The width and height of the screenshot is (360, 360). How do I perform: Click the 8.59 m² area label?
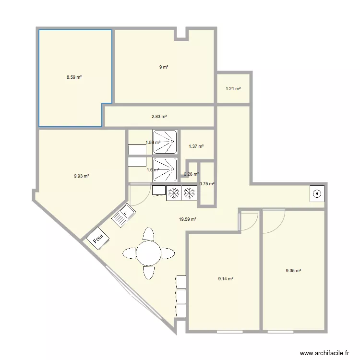point(74,77)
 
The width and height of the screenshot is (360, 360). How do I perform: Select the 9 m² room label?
point(164,67)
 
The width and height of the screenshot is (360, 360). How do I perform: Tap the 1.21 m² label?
point(233,89)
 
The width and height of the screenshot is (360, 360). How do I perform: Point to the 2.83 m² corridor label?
point(159,117)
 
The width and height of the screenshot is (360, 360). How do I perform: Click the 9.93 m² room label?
point(81,176)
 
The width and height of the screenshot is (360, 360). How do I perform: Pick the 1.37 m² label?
point(196,146)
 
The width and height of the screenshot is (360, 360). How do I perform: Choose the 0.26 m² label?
point(191,174)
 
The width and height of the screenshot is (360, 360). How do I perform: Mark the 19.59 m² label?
point(187,219)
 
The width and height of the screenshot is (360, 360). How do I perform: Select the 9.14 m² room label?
point(226,279)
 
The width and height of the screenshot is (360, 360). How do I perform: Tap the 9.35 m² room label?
point(293,271)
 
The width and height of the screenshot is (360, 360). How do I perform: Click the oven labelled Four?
point(98,238)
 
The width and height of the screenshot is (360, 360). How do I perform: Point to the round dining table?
point(148,253)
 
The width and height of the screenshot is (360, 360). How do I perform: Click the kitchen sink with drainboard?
point(123,215)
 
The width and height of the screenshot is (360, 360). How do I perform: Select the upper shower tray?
point(165,142)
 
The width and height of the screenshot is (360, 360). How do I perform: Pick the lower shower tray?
point(165,169)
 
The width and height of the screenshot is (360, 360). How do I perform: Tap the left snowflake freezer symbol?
point(174,193)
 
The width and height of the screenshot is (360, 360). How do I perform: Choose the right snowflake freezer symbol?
point(189,193)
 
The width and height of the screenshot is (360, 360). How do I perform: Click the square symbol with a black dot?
point(317,194)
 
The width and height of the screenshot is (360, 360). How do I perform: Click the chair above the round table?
point(148,234)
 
